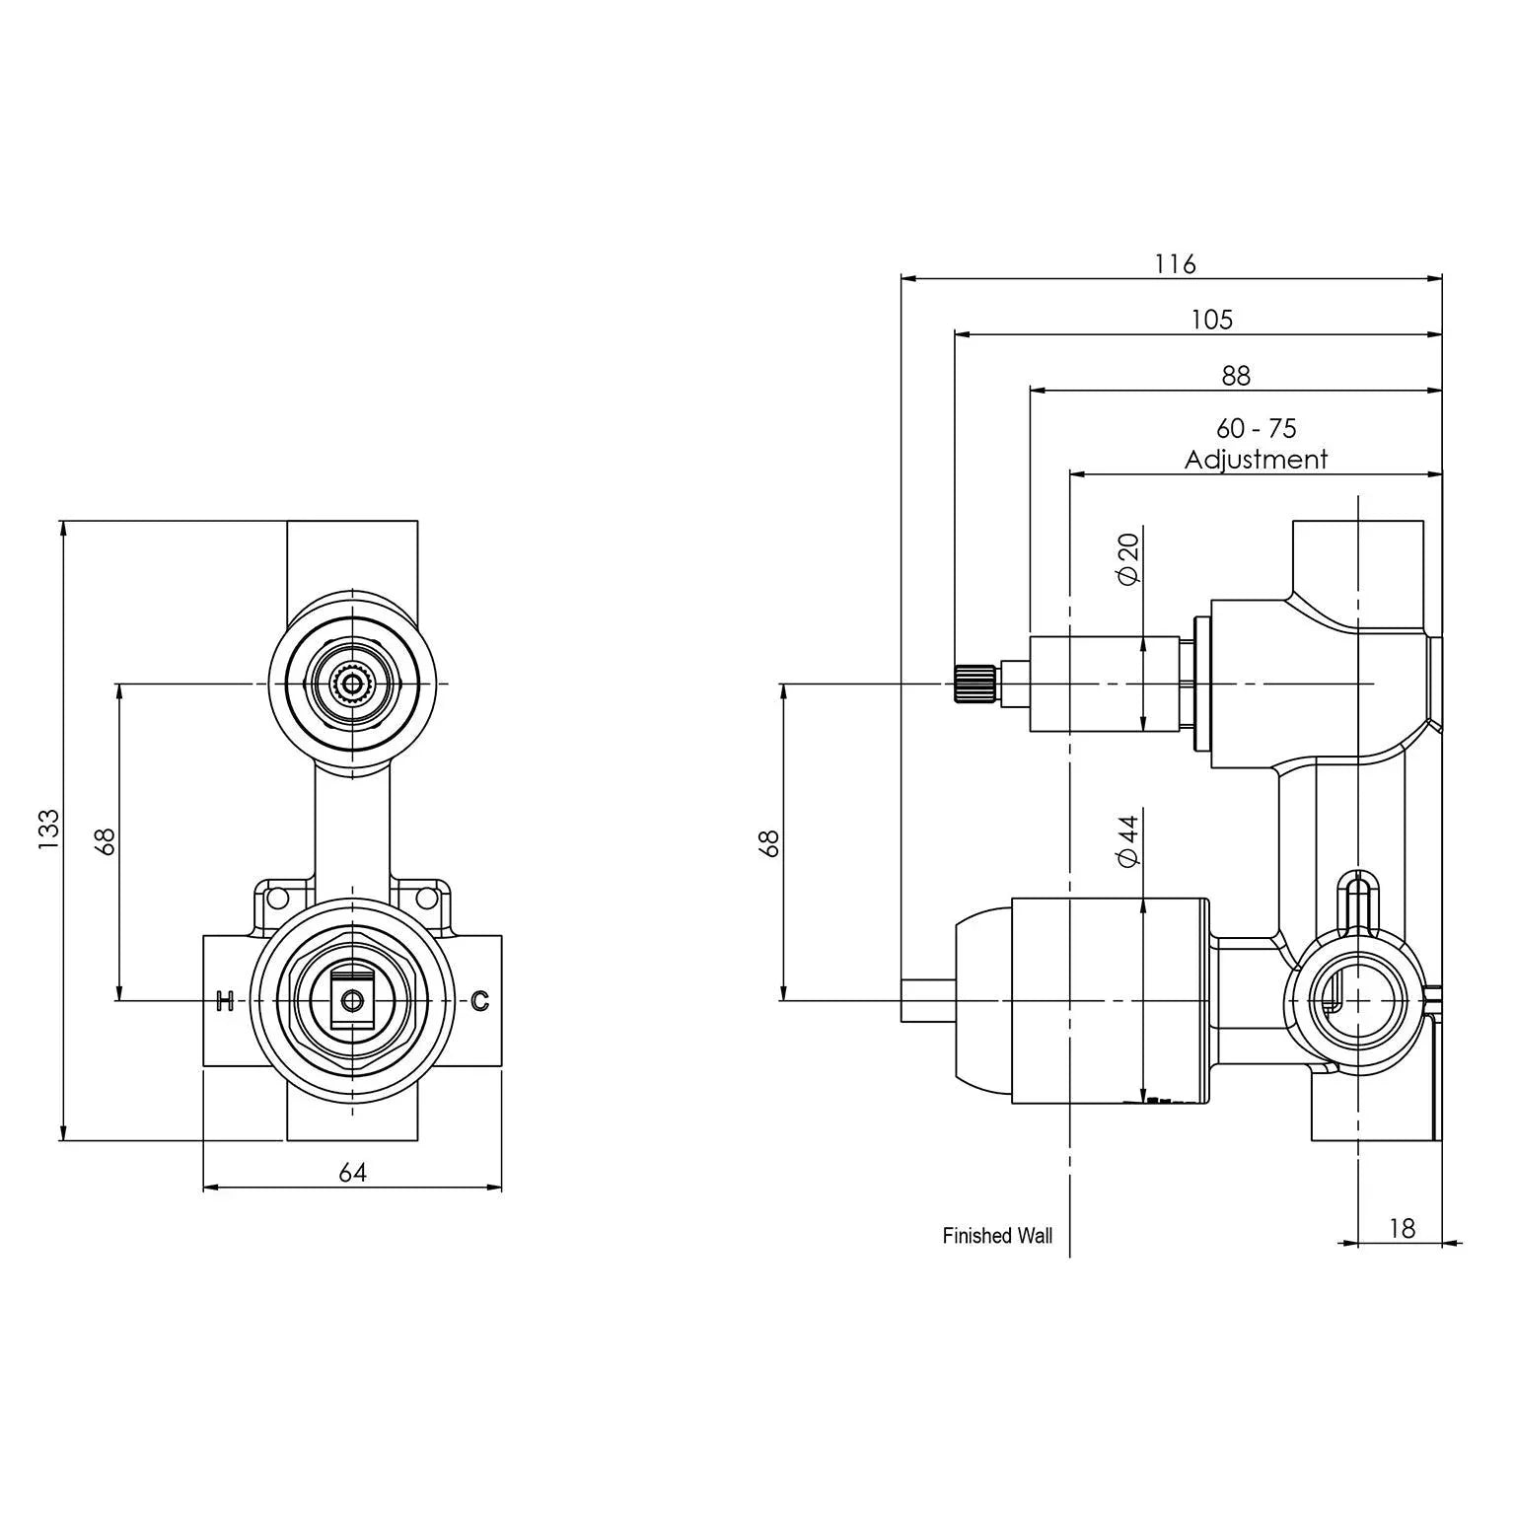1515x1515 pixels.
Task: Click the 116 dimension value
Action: [1175, 264]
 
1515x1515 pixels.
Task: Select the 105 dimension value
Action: [1211, 320]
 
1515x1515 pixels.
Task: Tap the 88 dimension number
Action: [1235, 376]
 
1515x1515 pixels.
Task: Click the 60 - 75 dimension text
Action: [1256, 429]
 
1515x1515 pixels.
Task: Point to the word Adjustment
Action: [1256, 460]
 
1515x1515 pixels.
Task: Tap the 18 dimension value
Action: [1401, 1228]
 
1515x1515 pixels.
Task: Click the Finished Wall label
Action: [997, 1236]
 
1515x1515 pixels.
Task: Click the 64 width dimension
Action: [352, 1173]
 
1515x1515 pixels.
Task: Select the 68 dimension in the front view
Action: [106, 841]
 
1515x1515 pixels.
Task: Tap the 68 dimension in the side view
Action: [769, 843]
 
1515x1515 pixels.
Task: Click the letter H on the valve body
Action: [224, 1001]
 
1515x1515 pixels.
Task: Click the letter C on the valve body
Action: [479, 1001]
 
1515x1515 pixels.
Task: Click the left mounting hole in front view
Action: [277, 898]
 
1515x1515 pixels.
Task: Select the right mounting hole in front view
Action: [427, 898]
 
